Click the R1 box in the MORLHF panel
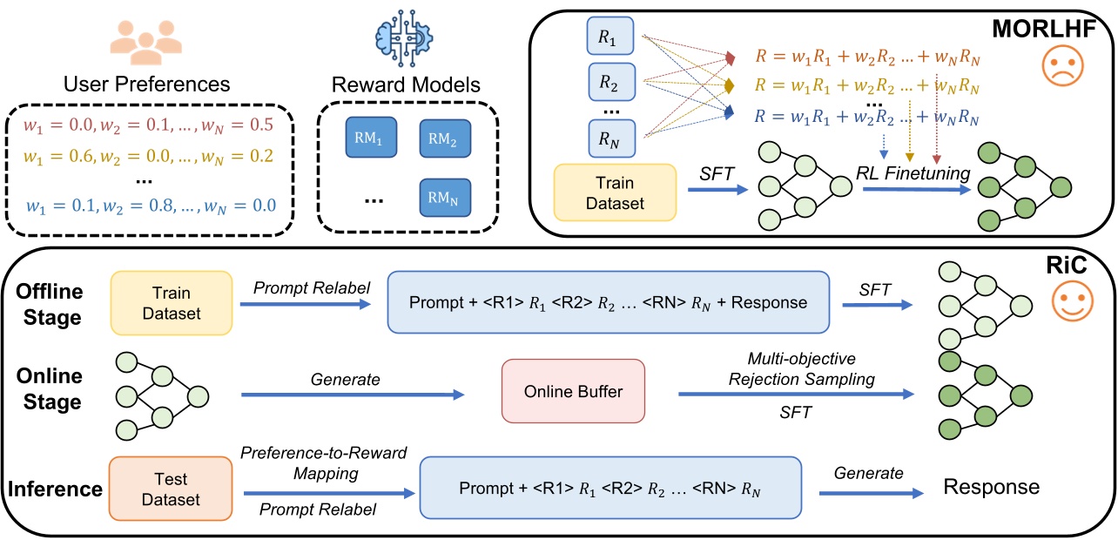[615, 37]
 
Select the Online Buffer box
[573, 391]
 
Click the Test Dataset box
[171, 488]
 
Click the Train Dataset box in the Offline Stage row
[171, 303]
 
